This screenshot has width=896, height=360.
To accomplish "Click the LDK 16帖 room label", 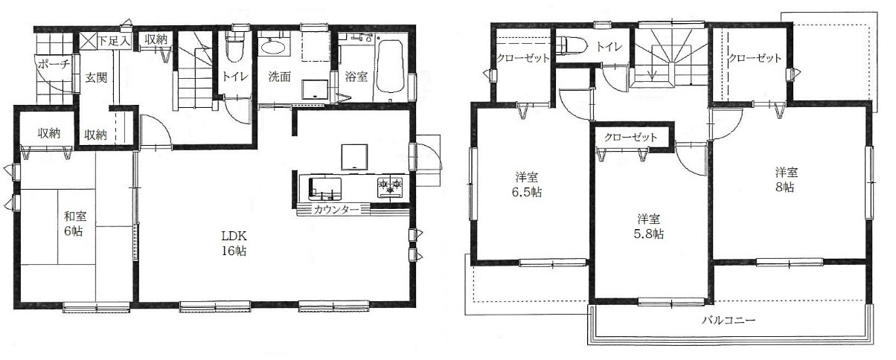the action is click(x=234, y=243).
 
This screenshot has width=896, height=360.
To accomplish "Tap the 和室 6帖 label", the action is click(x=75, y=224).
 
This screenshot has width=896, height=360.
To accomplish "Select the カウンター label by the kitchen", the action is click(x=336, y=209).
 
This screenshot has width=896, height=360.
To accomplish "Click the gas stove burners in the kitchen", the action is click(x=390, y=187).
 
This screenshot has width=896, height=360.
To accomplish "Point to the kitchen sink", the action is click(x=324, y=188).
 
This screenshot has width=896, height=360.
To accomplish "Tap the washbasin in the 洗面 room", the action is click(x=273, y=47).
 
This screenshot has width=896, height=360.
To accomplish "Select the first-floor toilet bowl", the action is click(x=234, y=47).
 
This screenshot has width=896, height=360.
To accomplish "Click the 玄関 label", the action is click(x=97, y=77).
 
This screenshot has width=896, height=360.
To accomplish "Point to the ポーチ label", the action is click(x=54, y=64).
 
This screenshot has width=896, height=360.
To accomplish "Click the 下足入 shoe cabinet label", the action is click(x=115, y=41).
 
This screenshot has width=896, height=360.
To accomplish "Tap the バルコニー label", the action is click(x=729, y=320).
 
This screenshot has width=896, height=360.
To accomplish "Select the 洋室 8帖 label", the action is click(x=786, y=179).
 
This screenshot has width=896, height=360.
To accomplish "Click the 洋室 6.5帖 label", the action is click(x=527, y=184).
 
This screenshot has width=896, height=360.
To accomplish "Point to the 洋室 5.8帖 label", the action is click(x=649, y=226).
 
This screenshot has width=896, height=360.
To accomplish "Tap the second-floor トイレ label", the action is click(x=609, y=47).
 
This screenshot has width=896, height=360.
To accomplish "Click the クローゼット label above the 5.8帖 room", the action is click(x=630, y=138).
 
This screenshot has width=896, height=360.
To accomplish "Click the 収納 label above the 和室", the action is click(x=49, y=133).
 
